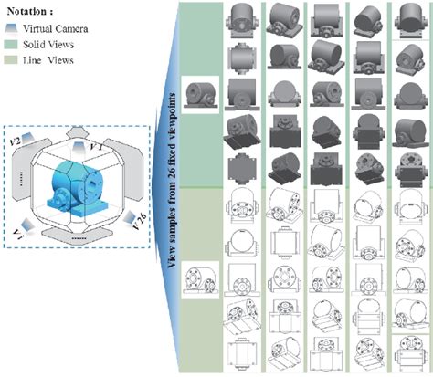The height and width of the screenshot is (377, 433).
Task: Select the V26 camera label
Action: click(140, 218)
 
